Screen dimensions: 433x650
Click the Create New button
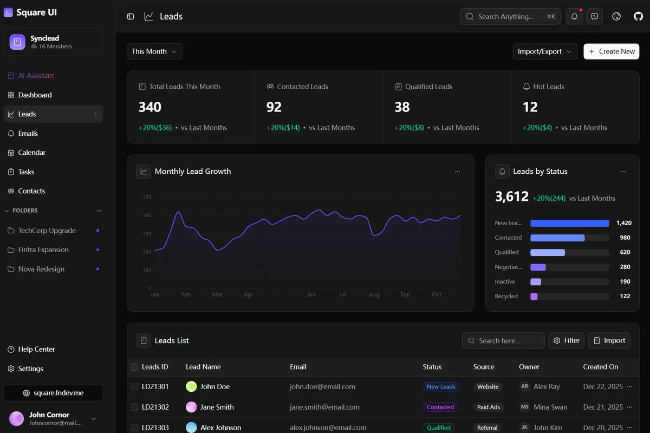point(611,51)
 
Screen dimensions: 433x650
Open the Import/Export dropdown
point(544,51)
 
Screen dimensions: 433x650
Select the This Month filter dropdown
point(154,51)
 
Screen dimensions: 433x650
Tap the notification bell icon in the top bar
point(574,17)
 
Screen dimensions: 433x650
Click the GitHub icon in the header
point(638,17)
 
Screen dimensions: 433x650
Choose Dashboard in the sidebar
point(35,95)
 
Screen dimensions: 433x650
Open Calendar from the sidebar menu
point(31,153)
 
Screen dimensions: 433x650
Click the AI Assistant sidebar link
point(36,76)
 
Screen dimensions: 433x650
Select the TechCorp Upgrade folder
point(47,231)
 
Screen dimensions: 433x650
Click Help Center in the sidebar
point(36,350)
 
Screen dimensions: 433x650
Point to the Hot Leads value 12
point(530,107)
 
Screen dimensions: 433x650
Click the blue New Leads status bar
point(569,223)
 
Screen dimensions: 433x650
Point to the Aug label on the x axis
point(374,295)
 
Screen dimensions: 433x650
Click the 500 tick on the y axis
point(147,197)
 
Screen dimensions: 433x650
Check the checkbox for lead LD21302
point(134,407)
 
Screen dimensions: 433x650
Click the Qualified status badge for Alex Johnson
point(438,428)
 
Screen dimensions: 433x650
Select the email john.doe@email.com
point(322,387)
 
